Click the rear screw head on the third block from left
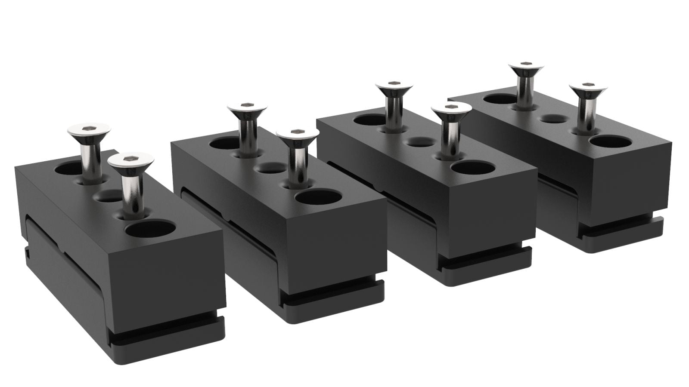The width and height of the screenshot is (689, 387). tap(394, 87)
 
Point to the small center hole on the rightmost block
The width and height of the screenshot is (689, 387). tap(554, 118)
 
